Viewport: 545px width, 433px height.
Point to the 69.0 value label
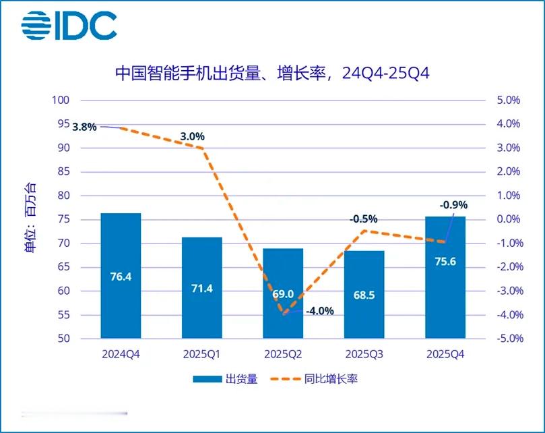(x=283, y=294)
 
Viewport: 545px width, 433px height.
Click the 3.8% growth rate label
(x=85, y=127)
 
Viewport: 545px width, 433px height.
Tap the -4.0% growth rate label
(x=319, y=312)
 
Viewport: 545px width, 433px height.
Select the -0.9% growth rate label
(x=453, y=205)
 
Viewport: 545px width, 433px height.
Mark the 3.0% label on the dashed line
(x=193, y=136)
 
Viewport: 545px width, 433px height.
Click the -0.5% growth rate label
(x=364, y=219)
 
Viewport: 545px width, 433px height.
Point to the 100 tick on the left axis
(x=61, y=100)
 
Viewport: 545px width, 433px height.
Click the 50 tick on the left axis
(x=63, y=339)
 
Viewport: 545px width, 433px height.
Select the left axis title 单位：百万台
(x=31, y=217)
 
